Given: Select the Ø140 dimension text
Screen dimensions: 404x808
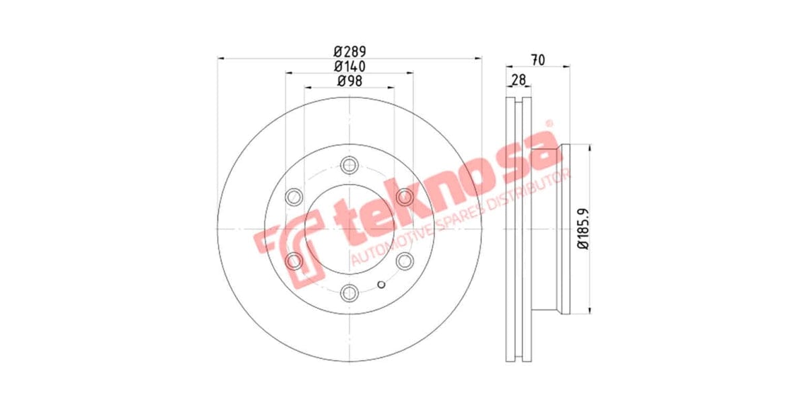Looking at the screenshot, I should (x=349, y=66).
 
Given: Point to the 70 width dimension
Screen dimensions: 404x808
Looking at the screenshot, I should (x=537, y=59).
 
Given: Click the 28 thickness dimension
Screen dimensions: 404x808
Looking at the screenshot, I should (x=518, y=80).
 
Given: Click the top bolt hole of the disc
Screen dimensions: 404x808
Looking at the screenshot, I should (x=349, y=165).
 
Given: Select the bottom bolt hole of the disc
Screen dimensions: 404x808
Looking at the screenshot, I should (x=349, y=292).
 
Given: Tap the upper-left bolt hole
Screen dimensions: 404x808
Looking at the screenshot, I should (x=294, y=197).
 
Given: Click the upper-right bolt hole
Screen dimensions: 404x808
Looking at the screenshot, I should (x=404, y=197).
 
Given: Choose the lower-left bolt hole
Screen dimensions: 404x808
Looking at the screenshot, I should (x=294, y=261).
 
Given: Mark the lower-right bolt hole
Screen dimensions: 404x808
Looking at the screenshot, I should (x=404, y=261).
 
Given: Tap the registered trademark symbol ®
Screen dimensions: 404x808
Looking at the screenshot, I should (x=548, y=124).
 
